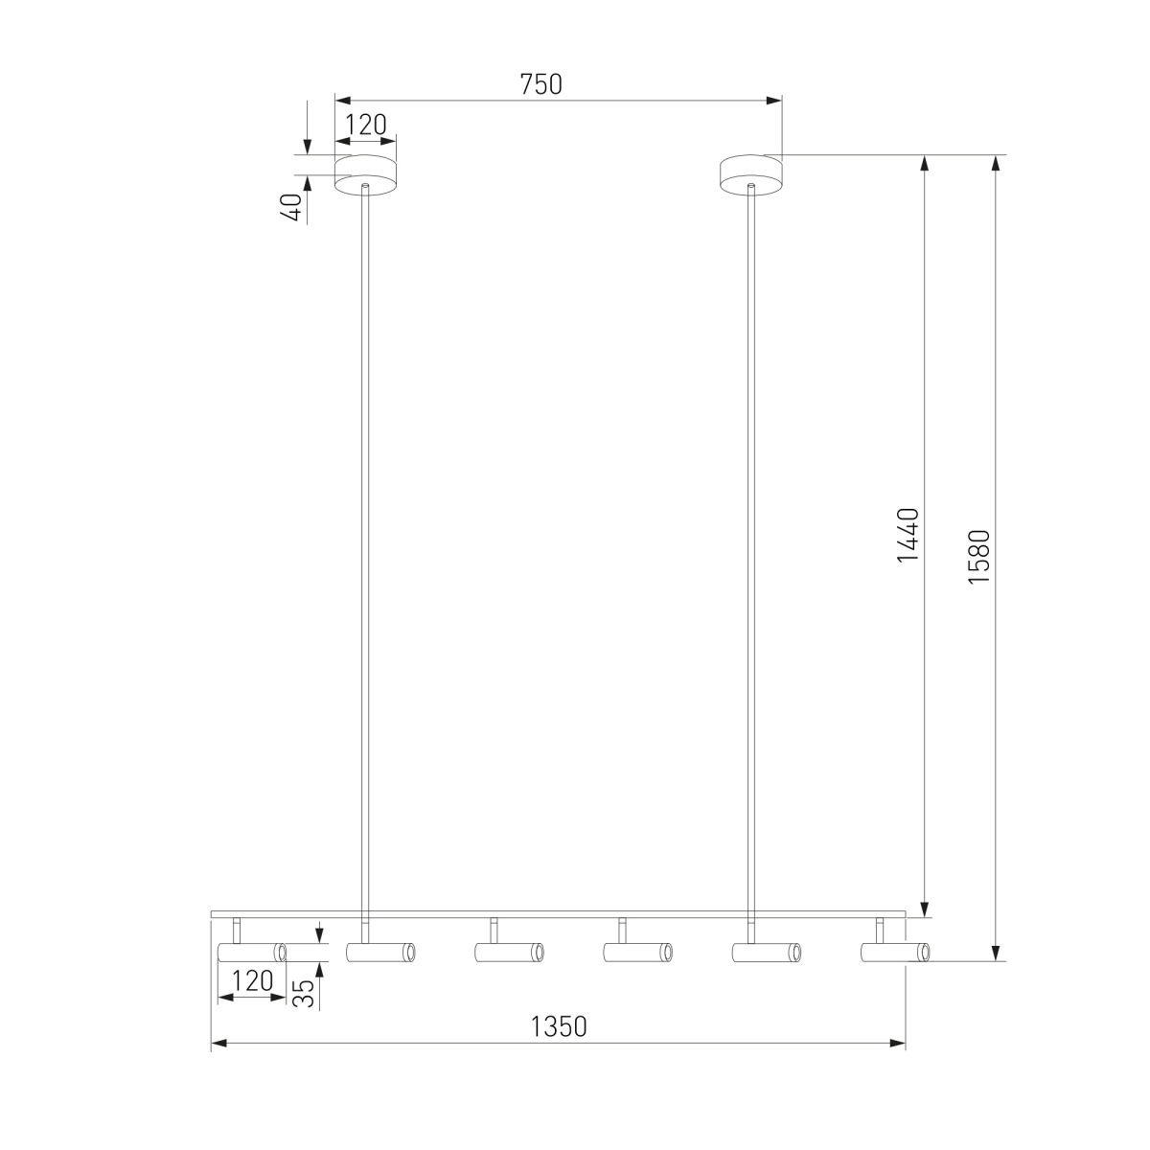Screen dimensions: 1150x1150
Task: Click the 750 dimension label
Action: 540,84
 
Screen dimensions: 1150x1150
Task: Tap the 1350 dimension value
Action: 558,1026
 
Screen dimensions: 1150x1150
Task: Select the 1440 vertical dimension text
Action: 908,535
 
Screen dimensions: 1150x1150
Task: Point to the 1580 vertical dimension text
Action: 978,555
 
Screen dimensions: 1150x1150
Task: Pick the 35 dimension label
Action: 303,990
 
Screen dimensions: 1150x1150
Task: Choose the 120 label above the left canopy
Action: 365,125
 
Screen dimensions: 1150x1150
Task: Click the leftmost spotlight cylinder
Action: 252,953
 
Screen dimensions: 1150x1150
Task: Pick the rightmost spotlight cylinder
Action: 894,953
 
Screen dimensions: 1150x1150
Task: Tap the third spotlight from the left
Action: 509,953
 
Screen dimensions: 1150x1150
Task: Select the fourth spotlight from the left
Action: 637,953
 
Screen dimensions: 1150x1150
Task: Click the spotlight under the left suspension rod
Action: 380,953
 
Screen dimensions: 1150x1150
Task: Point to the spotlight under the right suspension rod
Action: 766,953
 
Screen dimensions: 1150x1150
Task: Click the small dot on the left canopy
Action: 365,180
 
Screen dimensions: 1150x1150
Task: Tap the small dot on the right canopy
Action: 751,180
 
